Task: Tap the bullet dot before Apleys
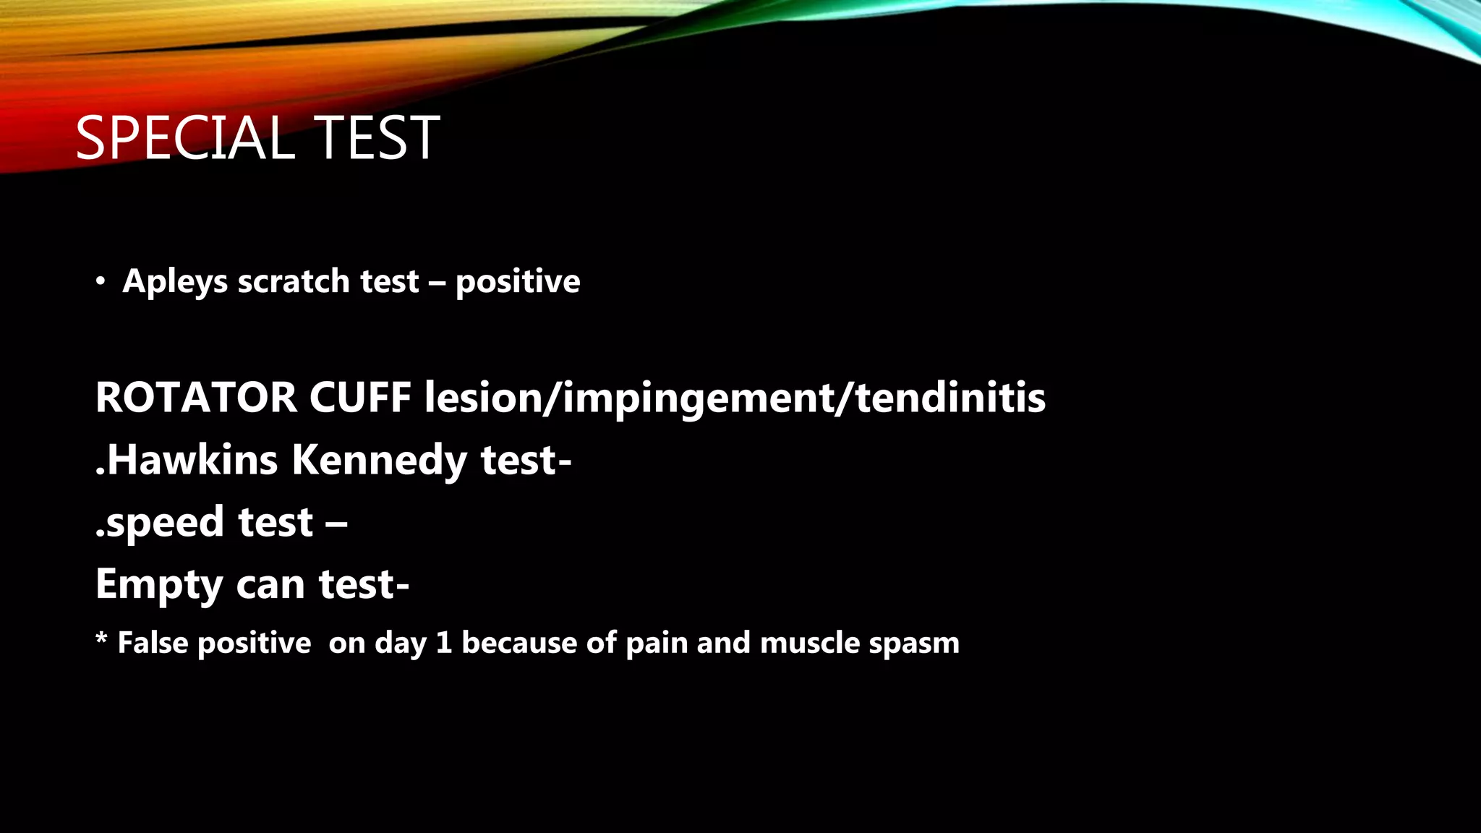[101, 281]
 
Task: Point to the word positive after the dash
[518, 282]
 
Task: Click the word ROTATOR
[196, 398]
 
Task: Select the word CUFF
[360, 398]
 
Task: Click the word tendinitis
[950, 398]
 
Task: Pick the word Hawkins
[192, 460]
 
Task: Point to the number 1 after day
[444, 643]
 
